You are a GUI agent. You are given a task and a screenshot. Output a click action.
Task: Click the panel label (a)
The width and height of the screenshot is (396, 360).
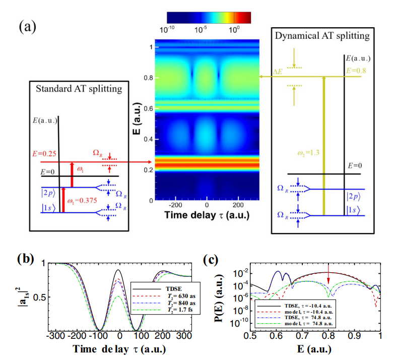(x=27, y=25)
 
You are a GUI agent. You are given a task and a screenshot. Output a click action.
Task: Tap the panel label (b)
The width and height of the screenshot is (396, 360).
(x=26, y=260)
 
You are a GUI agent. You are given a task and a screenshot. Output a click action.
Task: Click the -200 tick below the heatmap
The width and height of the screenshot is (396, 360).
(x=175, y=206)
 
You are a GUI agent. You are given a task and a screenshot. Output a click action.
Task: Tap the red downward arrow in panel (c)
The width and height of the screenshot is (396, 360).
(x=329, y=276)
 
